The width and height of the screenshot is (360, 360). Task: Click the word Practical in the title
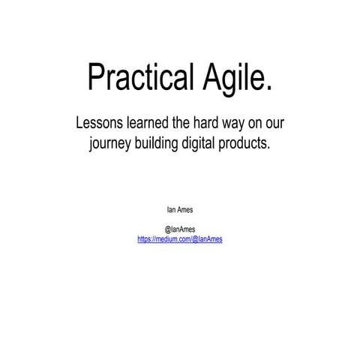coord(135,76)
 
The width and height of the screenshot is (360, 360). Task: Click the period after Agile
coord(268,88)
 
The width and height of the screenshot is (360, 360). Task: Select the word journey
coord(112,144)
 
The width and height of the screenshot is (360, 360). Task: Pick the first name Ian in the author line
coord(170,209)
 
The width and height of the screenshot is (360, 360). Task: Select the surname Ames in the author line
coord(184,209)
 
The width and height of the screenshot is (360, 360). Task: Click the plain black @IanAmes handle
coord(180,229)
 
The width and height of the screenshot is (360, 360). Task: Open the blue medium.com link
coord(180,238)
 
